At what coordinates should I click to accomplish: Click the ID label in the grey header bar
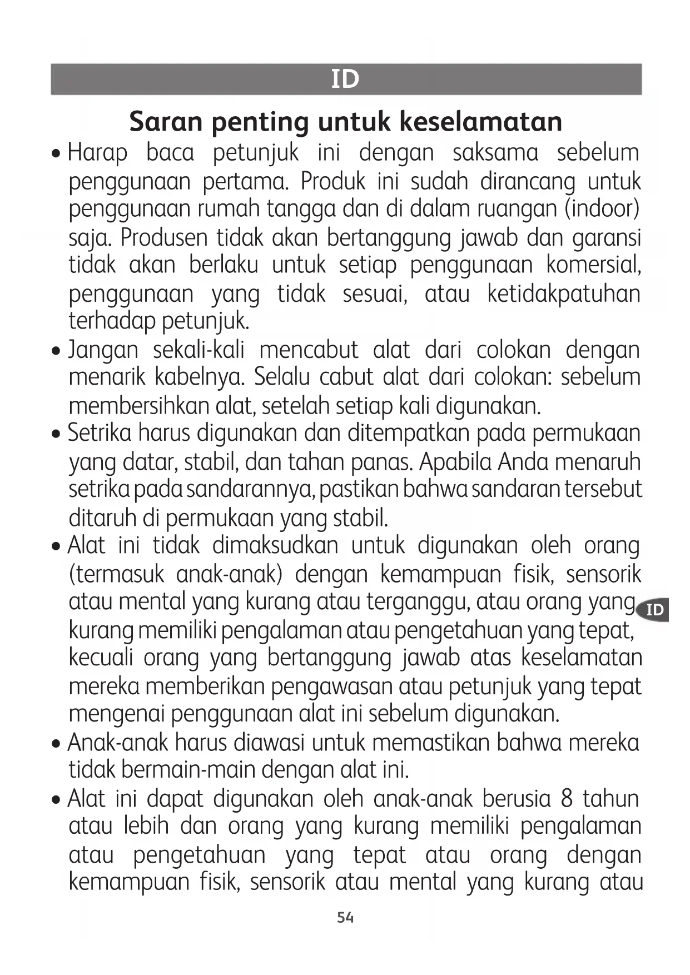[x=345, y=79]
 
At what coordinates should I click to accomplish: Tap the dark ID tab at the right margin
[x=655, y=610]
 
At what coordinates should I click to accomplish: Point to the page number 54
[x=345, y=918]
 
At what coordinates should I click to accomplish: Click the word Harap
[x=97, y=153]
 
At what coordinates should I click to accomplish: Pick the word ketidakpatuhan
[x=564, y=294]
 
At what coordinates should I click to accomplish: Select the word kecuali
[x=101, y=658]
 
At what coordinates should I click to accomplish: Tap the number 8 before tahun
[x=567, y=799]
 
